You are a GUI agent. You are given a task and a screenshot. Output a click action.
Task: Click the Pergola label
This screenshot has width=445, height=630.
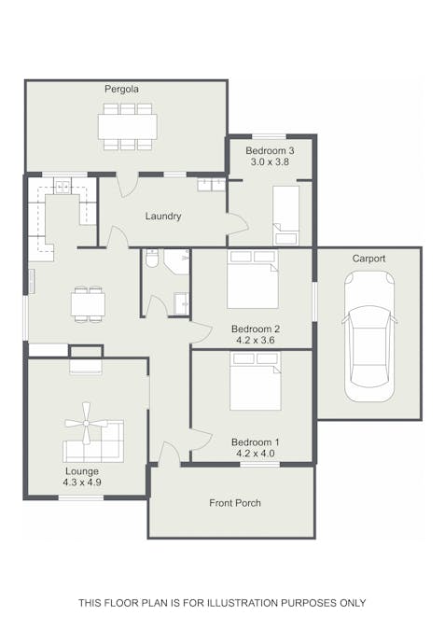coord(121,89)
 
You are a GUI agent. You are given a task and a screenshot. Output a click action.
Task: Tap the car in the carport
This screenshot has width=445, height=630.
coord(369,337)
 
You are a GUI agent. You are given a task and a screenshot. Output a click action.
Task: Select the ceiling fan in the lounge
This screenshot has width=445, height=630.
coord(86,423)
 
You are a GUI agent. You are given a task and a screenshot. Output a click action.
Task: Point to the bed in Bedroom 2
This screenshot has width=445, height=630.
coord(253,279)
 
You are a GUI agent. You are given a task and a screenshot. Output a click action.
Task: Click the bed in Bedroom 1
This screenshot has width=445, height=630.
coord(256,381)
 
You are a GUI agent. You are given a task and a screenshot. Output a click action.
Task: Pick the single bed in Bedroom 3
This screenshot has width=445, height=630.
coord(286,216)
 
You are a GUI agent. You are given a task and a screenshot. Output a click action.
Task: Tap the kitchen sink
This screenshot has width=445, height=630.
coord(63,187)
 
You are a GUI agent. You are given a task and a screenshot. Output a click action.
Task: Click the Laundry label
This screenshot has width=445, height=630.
coord(163,217)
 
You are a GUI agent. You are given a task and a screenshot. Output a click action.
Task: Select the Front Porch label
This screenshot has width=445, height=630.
coord(235,503)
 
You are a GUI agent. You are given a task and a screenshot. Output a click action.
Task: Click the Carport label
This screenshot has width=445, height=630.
coord(369,259)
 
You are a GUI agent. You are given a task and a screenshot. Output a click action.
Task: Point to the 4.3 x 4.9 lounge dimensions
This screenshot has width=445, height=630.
coord(82,483)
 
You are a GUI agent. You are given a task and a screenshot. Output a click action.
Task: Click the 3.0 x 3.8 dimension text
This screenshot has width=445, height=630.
coord(270,162)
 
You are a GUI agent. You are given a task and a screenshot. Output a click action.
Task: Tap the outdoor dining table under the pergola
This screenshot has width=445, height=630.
coord(128,127)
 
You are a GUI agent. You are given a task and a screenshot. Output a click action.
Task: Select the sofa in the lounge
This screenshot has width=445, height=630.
coord(93,441)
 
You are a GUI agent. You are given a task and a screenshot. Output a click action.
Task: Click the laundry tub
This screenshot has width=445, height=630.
coord(211,185)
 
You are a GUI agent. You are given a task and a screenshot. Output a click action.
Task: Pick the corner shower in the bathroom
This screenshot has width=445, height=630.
coord(176,261)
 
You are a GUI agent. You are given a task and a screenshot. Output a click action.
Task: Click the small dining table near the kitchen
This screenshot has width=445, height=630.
coord(89,304)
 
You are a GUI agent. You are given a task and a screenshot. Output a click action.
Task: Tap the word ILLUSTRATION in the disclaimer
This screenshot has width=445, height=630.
coord(243,603)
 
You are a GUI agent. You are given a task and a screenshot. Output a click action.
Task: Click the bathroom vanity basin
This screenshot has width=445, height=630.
coord(182,303)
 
